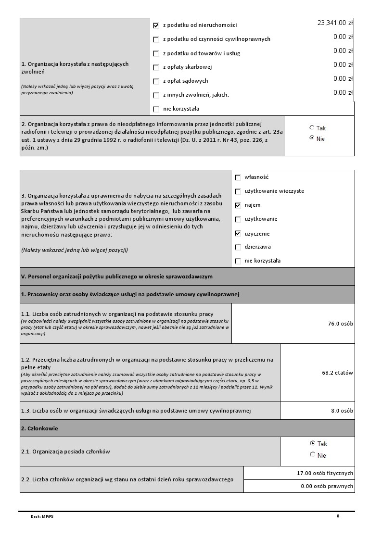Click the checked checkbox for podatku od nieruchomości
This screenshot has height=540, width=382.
click(156, 25)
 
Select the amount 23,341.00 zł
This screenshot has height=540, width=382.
click(335, 23)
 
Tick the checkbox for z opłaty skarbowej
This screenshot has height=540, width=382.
click(156, 67)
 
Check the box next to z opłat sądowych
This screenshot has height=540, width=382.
click(156, 81)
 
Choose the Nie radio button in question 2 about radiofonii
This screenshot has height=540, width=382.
click(312, 138)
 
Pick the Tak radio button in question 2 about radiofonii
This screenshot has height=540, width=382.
click(312, 128)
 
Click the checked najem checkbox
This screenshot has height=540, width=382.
click(238, 205)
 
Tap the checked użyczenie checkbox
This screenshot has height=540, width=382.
click(238, 234)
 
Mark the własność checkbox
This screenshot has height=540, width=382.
click(238, 177)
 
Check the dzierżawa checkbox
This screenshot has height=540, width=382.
click(238, 247)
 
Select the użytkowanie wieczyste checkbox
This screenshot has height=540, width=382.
click(238, 191)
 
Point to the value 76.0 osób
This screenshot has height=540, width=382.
click(340, 324)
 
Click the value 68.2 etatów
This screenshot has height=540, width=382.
click(337, 373)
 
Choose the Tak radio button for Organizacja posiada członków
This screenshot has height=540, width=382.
click(313, 443)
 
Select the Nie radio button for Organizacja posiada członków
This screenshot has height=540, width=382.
click(313, 455)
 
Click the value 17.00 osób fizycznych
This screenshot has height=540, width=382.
click(325, 473)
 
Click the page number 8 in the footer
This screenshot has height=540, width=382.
click(338, 516)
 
